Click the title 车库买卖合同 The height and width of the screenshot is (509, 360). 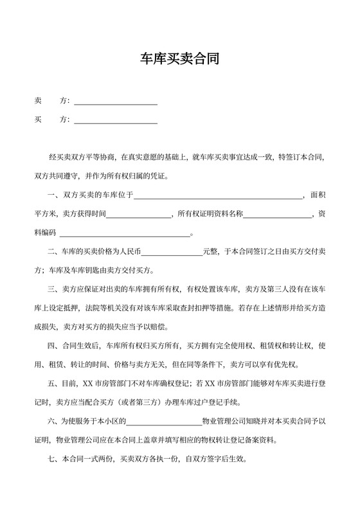click(180, 60)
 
